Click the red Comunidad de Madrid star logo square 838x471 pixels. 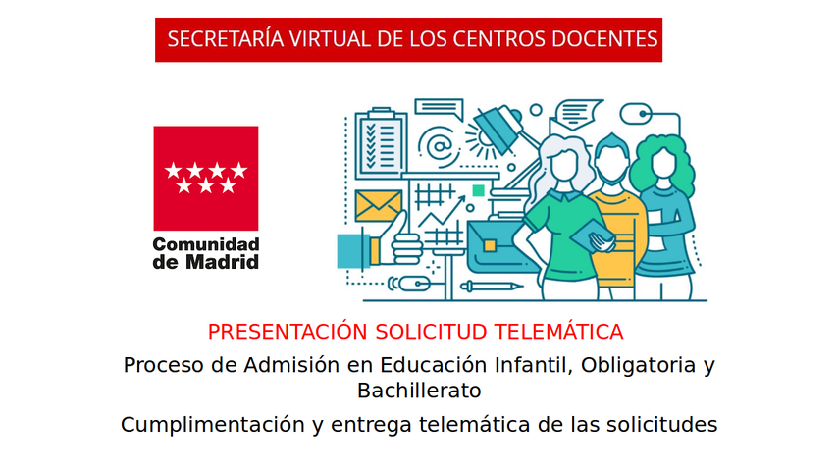pyautogui.click(x=206, y=178)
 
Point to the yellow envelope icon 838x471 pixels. pyautogui.click(x=378, y=206)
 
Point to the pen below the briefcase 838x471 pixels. pyautogui.click(x=492, y=287)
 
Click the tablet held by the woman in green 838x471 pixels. pyautogui.click(x=592, y=235)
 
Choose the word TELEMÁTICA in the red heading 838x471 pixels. pyautogui.click(x=558, y=332)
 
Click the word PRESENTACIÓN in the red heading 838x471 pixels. pyautogui.click(x=288, y=332)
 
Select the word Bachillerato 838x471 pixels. pyautogui.click(x=419, y=391)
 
